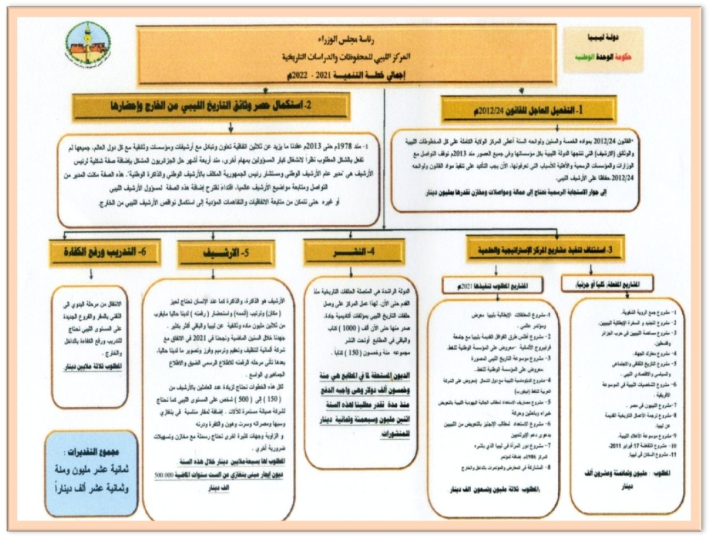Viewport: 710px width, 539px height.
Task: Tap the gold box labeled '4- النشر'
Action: [x=353, y=253]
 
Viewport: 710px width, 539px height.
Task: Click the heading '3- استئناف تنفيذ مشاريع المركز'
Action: [x=545, y=250]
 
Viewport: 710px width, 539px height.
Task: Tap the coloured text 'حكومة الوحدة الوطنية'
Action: [x=602, y=57]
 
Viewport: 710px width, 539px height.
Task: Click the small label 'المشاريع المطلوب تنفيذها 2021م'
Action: [x=493, y=285]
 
